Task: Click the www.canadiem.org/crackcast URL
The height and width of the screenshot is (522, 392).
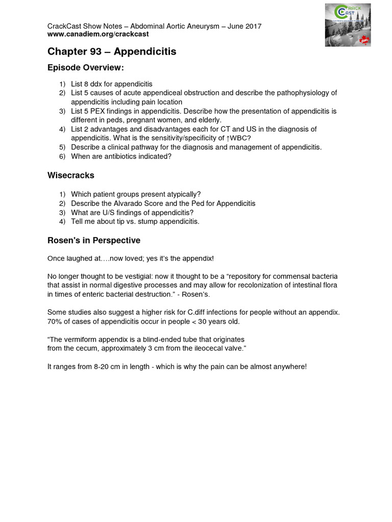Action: (x=95, y=34)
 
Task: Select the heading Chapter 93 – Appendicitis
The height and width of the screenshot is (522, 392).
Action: (x=112, y=51)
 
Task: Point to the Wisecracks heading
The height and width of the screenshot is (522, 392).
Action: (x=70, y=175)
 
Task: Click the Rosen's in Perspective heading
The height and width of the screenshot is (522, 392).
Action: (x=93, y=240)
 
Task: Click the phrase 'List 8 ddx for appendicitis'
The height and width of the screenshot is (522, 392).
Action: (x=112, y=84)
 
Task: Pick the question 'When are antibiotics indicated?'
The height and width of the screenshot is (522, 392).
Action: (x=121, y=156)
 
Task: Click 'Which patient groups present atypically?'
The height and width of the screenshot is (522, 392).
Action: (x=136, y=194)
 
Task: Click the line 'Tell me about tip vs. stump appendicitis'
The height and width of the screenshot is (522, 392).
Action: (x=135, y=221)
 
